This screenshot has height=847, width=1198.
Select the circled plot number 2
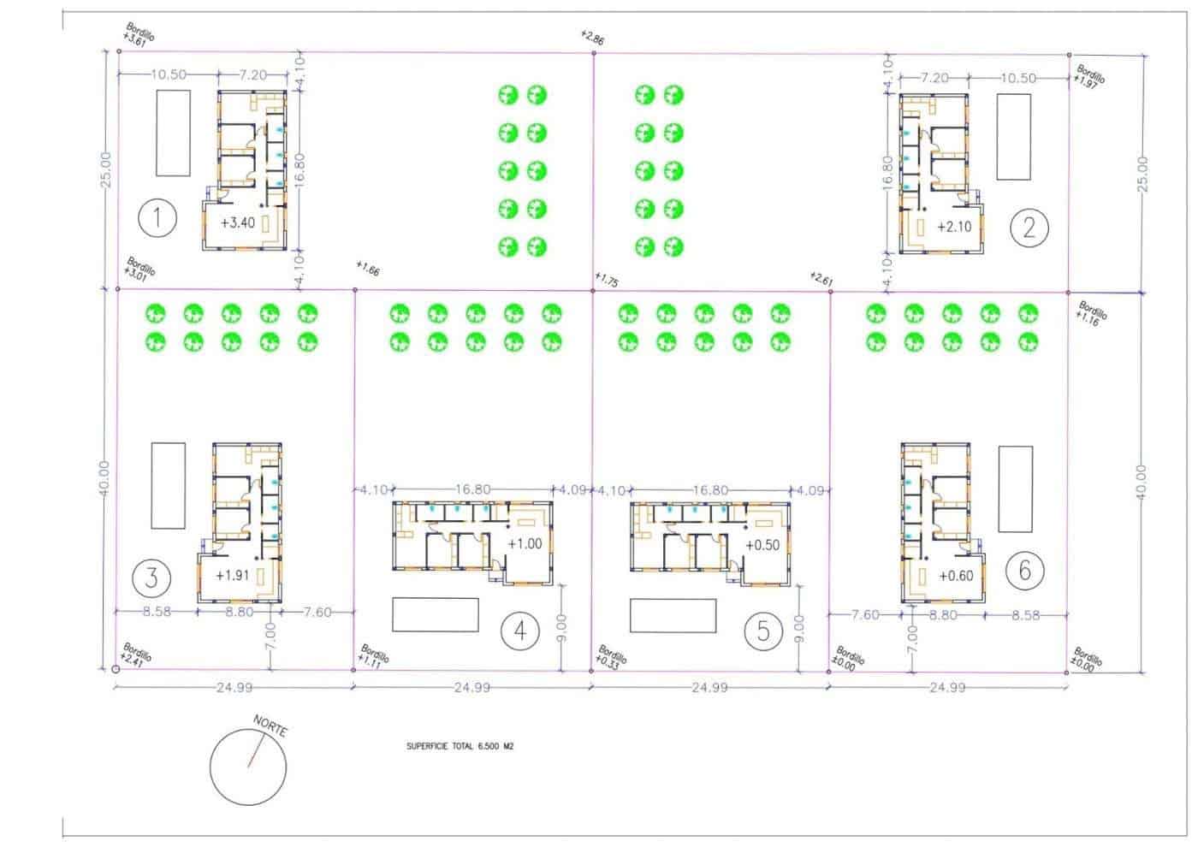(x=1029, y=227)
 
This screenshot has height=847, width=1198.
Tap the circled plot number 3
(x=151, y=577)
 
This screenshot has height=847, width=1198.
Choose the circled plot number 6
(x=1024, y=569)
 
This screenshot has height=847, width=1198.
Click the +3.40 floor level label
(x=238, y=223)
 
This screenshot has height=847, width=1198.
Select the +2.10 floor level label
(x=954, y=227)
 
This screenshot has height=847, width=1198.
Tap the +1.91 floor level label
(x=232, y=575)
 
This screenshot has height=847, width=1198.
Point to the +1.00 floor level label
(x=525, y=543)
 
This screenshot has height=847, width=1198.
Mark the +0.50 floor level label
(x=762, y=545)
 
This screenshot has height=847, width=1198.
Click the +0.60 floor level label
(x=955, y=576)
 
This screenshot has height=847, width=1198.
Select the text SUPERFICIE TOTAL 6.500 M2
(x=460, y=746)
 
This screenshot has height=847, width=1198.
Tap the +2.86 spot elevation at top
(x=592, y=38)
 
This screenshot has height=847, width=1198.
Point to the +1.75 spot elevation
(x=606, y=280)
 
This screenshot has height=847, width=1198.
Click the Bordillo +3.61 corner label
(x=139, y=34)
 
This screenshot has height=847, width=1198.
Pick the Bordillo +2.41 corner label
(x=137, y=654)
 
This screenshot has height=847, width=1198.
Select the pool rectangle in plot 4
(x=435, y=614)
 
